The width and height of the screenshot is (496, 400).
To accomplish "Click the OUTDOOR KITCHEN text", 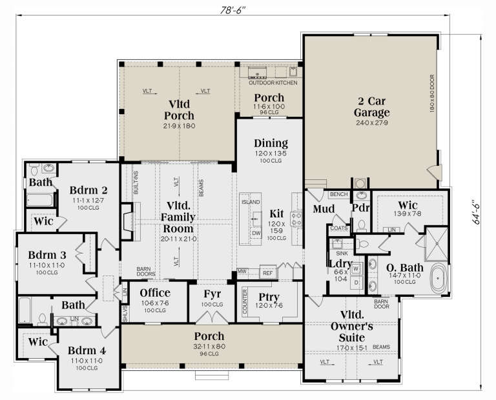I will pos(273,83).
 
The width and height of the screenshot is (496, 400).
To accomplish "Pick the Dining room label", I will pos(271,143).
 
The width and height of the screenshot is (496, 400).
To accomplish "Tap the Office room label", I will pos(155,293).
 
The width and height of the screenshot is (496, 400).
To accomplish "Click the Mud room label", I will pos(323,208).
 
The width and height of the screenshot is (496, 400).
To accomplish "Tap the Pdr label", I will pos(360,208).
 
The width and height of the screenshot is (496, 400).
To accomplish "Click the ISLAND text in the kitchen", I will pos(250,202).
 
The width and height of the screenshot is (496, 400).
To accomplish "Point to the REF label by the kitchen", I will pos(267,273).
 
